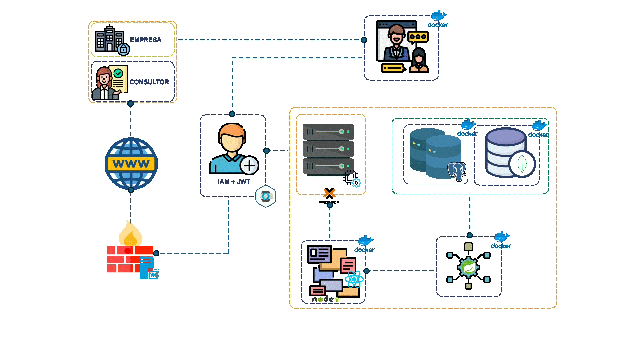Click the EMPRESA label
pos(145,40)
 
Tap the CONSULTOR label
pos(149,82)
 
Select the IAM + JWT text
pos(234,182)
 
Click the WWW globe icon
pos(131,164)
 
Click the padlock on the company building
pos(124,49)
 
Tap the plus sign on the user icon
pos(249,165)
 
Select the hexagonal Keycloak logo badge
pos(266,196)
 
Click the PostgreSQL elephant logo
pos(457,171)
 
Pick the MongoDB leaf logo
pos(522,164)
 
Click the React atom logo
pos(354,279)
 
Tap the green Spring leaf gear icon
pos(468,267)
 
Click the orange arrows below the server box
pos(329,193)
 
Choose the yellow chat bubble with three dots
pos(418,37)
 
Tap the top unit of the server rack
pos(328,132)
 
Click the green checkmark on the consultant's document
pos(118,73)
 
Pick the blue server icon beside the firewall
pos(147,267)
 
